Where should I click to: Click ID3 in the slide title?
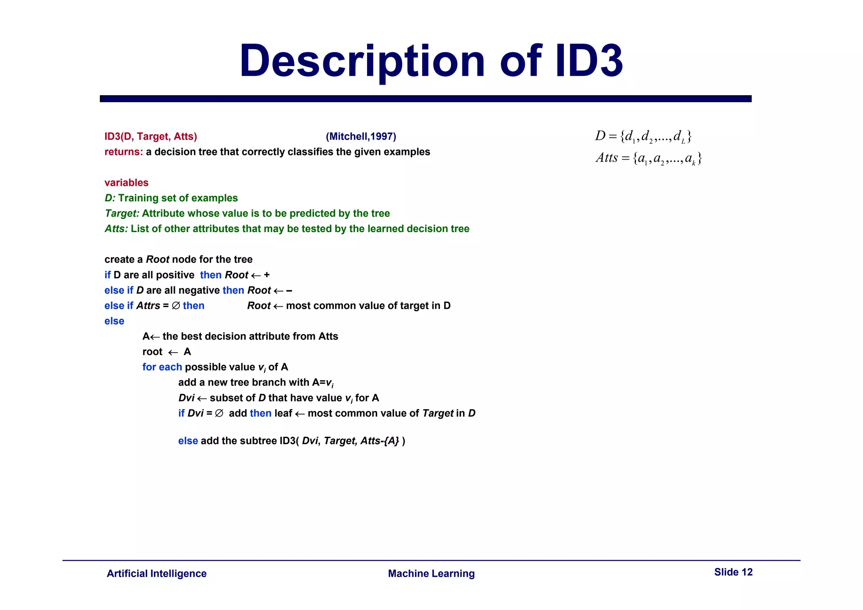click(x=589, y=61)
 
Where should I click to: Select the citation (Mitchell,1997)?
click(x=361, y=136)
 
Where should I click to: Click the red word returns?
click(x=123, y=152)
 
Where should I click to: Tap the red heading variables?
click(x=126, y=182)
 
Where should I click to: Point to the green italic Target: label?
click(x=122, y=213)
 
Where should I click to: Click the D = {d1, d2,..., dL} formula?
click(x=643, y=136)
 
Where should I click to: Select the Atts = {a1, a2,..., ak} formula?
click(x=649, y=158)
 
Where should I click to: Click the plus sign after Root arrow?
click(x=266, y=275)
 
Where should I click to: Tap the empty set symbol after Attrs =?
click(x=176, y=306)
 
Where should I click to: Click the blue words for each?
click(x=162, y=367)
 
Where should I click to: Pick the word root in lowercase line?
click(x=152, y=352)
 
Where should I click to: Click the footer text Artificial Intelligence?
click(x=156, y=573)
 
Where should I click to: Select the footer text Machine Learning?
click(x=431, y=573)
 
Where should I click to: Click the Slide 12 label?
click(x=733, y=572)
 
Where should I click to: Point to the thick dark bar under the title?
click(x=426, y=99)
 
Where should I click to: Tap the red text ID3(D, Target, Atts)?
click(x=150, y=136)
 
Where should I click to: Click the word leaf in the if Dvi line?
click(x=283, y=413)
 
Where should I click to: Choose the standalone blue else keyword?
click(x=114, y=321)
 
